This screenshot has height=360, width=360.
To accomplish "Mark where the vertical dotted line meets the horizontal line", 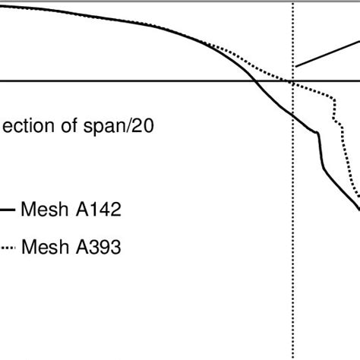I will [292, 81].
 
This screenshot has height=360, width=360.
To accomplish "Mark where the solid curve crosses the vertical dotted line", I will [292, 114].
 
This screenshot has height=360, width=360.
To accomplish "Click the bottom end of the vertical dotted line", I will [292, 357].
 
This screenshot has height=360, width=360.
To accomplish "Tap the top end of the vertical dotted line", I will [292, 2].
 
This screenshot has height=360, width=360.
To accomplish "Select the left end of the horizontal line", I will [2, 81].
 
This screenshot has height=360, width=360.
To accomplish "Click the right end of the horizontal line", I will [358, 81].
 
